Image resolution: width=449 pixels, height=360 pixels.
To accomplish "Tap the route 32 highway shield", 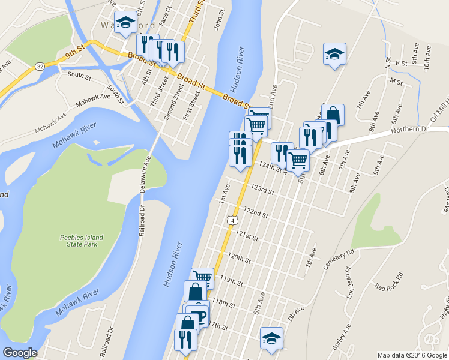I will coord(40,65).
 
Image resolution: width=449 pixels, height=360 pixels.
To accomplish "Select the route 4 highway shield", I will coord(231,221).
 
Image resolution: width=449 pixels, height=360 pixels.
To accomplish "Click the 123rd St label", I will coord(262,190).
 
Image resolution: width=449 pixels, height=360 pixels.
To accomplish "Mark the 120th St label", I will coord(238,257).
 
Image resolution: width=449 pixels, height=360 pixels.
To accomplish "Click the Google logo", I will coord(20,353).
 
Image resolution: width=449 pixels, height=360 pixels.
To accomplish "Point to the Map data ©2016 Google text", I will coord(412,355).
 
